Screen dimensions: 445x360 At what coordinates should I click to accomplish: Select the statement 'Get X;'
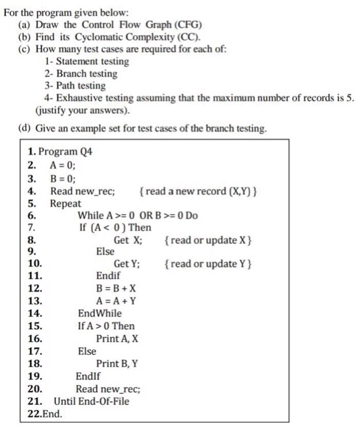128,240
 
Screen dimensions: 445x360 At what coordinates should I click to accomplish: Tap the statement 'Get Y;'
128,264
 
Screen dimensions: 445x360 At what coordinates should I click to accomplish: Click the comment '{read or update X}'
208,240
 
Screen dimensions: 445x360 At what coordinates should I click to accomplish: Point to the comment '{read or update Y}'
208,264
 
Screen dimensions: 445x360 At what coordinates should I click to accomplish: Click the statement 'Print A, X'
117,338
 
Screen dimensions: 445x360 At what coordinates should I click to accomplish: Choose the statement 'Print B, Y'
117,364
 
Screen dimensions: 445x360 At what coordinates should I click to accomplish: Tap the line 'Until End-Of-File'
91,401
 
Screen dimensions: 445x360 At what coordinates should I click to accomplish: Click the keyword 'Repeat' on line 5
66,203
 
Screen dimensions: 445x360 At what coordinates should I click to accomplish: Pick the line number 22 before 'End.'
34,413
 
